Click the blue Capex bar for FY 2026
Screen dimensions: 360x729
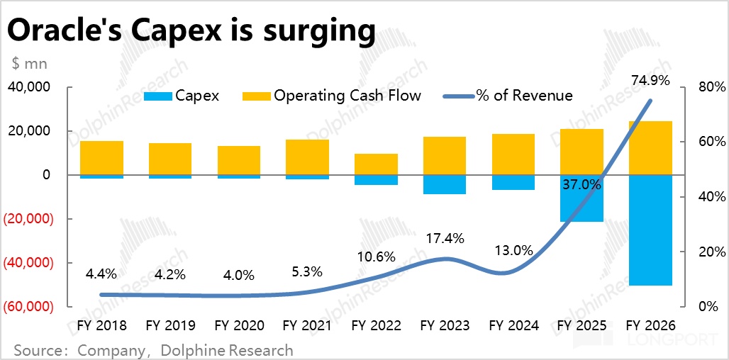(x=650, y=230)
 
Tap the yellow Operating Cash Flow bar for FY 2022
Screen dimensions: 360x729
(x=376, y=164)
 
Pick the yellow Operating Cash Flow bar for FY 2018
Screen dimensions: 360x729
(x=101, y=157)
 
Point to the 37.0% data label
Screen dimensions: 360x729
(x=581, y=186)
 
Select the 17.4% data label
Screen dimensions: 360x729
(x=445, y=239)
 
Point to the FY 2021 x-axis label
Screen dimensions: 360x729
(x=307, y=325)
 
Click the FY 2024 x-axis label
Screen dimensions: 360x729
(x=513, y=325)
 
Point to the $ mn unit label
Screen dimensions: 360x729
(x=30, y=63)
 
